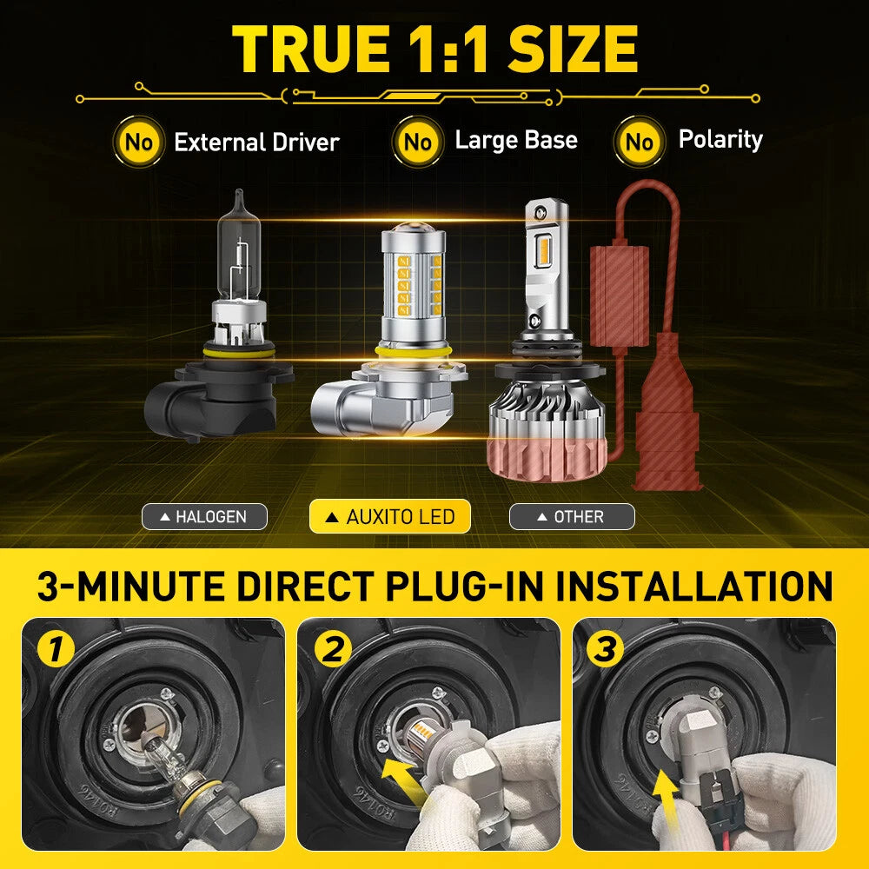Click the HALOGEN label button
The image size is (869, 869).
click(x=204, y=516)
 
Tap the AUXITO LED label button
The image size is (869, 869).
click(x=390, y=516)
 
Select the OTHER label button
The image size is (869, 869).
click(x=572, y=516)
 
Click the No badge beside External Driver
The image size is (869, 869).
click(x=138, y=142)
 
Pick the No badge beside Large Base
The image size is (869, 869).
click(x=418, y=142)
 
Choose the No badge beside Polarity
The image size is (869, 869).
click(x=640, y=142)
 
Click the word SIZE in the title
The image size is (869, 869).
click(x=573, y=49)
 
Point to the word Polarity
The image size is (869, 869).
click(x=720, y=140)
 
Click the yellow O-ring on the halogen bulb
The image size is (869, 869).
click(x=239, y=351)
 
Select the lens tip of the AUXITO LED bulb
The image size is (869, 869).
click(x=414, y=229)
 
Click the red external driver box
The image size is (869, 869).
click(x=619, y=296)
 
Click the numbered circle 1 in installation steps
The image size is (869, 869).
click(x=56, y=649)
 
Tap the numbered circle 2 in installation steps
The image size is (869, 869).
click(x=333, y=649)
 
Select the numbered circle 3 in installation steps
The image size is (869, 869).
click(x=605, y=649)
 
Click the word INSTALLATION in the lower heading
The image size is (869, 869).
click(x=693, y=587)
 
